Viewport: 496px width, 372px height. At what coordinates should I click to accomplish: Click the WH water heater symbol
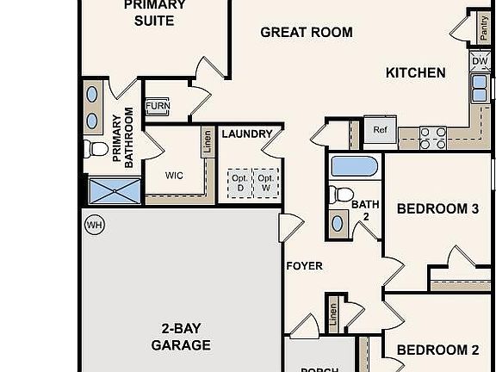(94, 226)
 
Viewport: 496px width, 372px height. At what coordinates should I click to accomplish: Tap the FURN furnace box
(158, 107)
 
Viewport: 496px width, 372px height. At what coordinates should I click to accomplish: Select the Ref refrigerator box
(380, 131)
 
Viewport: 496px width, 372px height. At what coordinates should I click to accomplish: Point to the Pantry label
(483, 32)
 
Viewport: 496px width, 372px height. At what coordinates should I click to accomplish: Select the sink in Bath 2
(338, 224)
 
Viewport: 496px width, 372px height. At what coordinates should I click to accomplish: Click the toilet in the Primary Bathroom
(97, 148)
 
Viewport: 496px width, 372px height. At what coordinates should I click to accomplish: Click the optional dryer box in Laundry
(239, 182)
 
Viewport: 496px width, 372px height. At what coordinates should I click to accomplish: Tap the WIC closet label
(174, 176)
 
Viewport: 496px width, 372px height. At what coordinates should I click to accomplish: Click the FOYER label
(304, 266)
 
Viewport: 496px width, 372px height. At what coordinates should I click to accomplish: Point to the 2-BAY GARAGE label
(186, 337)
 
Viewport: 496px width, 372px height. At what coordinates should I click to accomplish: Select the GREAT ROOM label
(306, 33)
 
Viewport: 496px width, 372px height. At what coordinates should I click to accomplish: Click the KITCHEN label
(415, 73)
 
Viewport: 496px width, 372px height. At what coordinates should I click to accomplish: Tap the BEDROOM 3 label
(437, 208)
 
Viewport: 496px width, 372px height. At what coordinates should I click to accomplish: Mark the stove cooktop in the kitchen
(433, 133)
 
